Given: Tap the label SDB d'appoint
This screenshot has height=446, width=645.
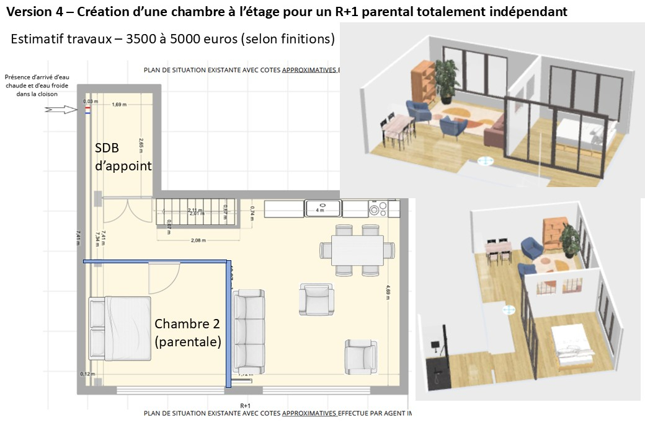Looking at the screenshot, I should point(123,157).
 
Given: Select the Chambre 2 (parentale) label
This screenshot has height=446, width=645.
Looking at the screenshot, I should point(187,333).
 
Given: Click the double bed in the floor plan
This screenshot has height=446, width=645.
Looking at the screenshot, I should point(120,328).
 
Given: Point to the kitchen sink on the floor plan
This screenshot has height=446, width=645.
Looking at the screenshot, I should point(323,209).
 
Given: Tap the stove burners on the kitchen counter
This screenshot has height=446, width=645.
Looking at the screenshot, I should point(376,209).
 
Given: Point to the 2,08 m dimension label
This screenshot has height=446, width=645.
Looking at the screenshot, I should point(198,240).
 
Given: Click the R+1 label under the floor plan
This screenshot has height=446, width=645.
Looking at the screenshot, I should point(245,405).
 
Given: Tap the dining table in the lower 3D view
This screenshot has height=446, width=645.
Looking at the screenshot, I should point(499,250).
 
